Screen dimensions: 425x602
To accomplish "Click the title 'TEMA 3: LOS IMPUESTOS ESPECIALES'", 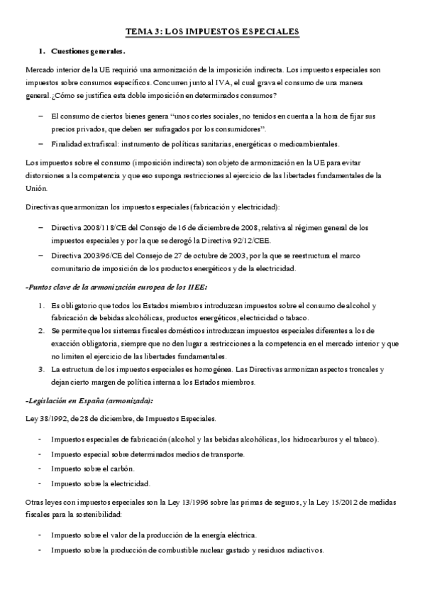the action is pos(212,31).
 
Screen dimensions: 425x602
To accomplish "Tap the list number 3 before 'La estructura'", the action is pos(42,370).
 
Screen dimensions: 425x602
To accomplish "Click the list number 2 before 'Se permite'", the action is pos(42,331).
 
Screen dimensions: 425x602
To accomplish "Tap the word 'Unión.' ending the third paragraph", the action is pos(36,188).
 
